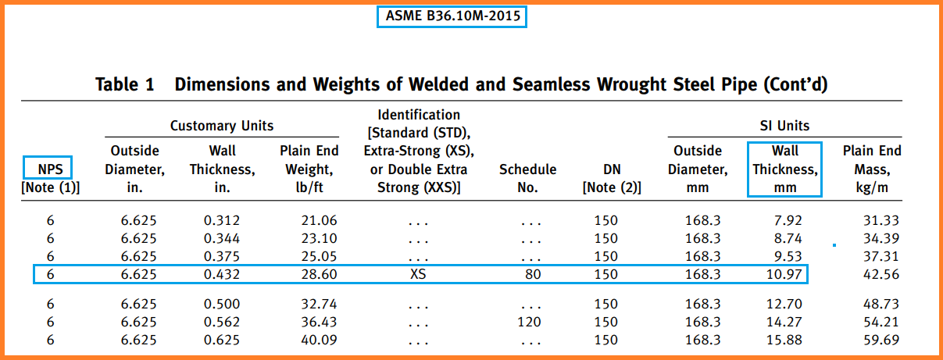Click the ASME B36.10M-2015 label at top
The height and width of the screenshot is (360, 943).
point(452,16)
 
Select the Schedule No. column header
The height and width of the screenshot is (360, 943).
point(527,178)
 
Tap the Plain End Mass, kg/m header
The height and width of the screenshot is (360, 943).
point(871,169)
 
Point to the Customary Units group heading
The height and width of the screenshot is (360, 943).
point(222,126)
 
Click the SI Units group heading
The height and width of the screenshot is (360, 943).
point(784,126)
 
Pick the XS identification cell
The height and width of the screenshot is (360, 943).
point(418,274)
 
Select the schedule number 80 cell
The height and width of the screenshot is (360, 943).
point(532,274)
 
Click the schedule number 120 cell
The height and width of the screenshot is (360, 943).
point(529,322)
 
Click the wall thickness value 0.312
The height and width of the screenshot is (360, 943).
point(221,221)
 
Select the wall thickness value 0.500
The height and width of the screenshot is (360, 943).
point(221,304)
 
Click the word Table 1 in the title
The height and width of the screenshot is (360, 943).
point(125,84)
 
